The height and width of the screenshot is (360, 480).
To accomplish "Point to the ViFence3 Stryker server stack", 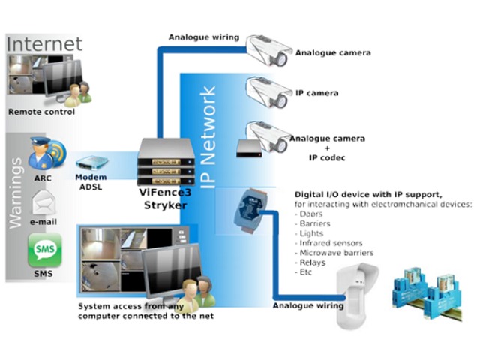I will [166, 164].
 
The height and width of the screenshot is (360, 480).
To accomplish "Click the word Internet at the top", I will [44, 43].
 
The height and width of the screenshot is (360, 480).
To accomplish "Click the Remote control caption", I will [41, 112].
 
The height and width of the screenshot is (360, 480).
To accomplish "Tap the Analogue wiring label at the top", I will [204, 37].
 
